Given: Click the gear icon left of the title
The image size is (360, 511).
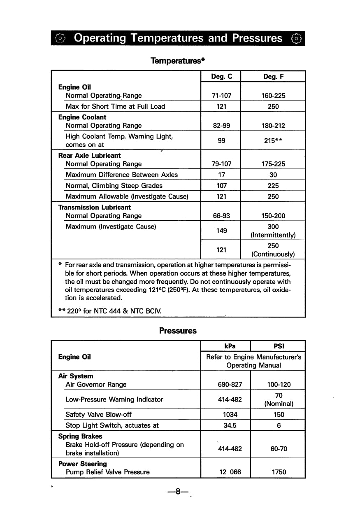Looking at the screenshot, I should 60,39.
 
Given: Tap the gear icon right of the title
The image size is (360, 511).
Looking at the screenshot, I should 296,39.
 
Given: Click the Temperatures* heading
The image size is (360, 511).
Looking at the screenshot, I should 178,61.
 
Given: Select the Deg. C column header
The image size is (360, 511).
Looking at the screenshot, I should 221,77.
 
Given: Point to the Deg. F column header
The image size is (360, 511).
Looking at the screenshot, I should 273,77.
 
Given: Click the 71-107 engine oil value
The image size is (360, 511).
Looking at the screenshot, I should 221,96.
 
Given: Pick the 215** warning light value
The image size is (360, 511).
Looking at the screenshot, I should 273,140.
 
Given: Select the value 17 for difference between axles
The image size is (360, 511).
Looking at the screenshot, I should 221,175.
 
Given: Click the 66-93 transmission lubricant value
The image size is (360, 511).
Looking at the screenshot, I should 221,216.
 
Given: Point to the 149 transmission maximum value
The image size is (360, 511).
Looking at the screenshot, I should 221,231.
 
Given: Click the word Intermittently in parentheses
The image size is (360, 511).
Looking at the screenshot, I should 273,236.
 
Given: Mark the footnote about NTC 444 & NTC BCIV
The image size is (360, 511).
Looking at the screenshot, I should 110,311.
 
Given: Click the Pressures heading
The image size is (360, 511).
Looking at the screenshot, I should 178,331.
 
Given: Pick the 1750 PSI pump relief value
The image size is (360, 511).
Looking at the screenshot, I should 279,472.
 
